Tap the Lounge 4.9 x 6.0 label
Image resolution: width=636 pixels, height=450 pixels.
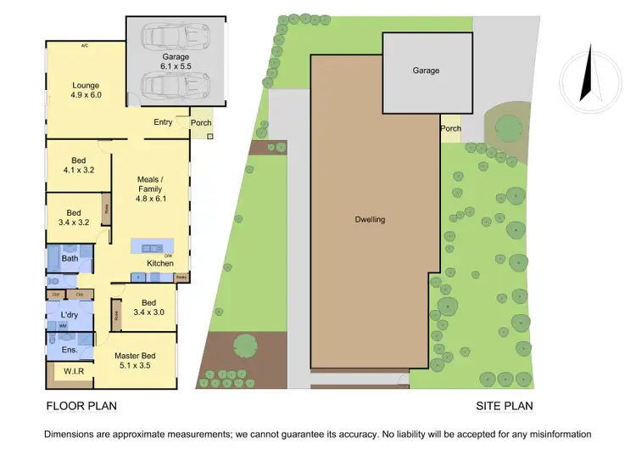tap(86, 91)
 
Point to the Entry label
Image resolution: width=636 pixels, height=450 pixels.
tap(163, 122)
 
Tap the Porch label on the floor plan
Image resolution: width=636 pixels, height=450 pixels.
tap(201, 122)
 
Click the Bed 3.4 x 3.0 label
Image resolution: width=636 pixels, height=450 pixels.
tap(148, 307)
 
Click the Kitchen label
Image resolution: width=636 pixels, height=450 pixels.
tap(160, 264)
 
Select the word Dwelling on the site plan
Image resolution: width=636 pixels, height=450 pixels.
tap(370, 219)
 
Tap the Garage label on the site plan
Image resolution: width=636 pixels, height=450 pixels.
tap(426, 70)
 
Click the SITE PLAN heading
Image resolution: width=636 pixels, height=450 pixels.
tap(504, 406)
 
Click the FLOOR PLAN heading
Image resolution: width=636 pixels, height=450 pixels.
tap(81, 406)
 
